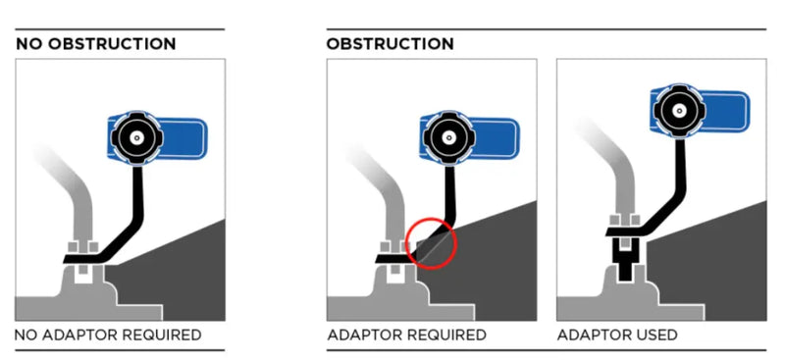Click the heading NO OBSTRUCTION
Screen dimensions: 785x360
pyautogui.click(x=95, y=43)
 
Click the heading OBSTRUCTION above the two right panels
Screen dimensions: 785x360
pyautogui.click(x=390, y=43)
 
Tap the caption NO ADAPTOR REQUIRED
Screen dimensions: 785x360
pyautogui.click(x=108, y=334)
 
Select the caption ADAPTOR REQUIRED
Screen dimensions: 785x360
pyautogui.click(x=406, y=334)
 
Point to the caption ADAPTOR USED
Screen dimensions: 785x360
pyautogui.click(x=617, y=334)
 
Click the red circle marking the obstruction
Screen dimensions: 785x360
pyautogui.click(x=431, y=243)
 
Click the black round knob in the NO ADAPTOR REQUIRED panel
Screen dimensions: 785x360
pyautogui.click(x=136, y=137)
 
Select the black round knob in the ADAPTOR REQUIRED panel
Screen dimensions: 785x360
pyautogui.click(x=448, y=137)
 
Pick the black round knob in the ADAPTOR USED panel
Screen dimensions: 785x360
pyautogui.click(x=679, y=111)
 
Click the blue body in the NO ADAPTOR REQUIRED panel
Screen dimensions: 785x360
pyautogui.click(x=183, y=138)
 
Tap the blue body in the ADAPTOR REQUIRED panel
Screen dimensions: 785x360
pyautogui.click(x=495, y=138)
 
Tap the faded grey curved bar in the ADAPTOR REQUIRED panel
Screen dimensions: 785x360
pyautogui.click(x=387, y=200)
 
